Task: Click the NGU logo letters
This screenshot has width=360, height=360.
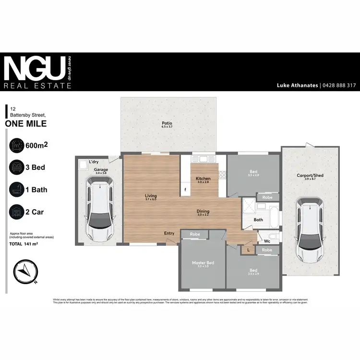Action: (34, 69)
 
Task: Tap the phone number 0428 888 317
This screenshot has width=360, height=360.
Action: (338, 85)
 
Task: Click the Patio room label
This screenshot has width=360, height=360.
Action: (167, 123)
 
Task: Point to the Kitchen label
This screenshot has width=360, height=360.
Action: (203, 179)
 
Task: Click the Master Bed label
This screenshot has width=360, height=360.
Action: (203, 263)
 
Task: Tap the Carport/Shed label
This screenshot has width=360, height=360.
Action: (310, 176)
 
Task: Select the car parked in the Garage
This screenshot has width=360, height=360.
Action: (100, 209)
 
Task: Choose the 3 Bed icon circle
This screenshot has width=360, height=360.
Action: (17, 168)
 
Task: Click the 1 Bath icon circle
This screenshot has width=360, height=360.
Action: (17, 190)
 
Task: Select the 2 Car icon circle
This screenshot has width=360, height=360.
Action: (17, 212)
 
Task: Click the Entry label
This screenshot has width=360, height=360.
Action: (169, 233)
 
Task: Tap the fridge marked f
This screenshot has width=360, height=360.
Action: (185, 190)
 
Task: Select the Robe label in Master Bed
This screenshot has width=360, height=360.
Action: (195, 234)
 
